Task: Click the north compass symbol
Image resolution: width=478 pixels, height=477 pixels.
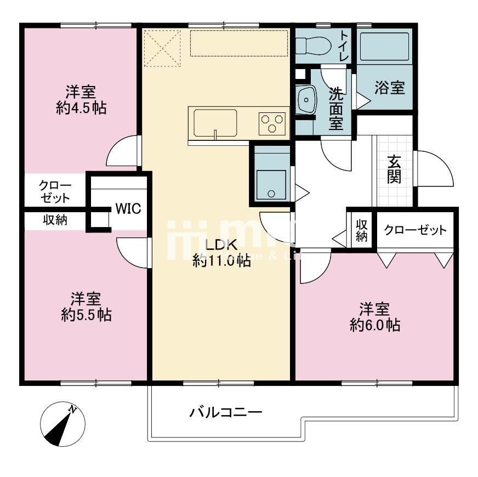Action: pyautogui.click(x=62, y=423)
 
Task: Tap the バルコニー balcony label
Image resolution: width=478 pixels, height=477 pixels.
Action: pyautogui.click(x=225, y=412)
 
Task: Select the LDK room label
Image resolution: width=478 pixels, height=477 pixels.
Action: pyautogui.click(x=221, y=245)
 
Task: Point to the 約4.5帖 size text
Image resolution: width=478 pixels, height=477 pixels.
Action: pyautogui.click(x=81, y=108)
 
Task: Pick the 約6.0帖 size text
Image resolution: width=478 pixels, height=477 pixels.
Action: pyautogui.click(x=374, y=325)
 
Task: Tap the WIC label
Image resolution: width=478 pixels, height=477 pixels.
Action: pyautogui.click(x=128, y=209)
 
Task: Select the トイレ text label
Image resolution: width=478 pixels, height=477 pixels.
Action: pyautogui.click(x=343, y=46)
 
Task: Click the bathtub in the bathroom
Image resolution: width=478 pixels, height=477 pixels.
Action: pyautogui.click(x=385, y=47)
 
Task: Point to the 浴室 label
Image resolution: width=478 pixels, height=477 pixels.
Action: pyautogui.click(x=390, y=88)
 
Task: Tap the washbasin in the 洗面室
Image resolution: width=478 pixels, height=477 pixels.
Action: pyautogui.click(x=305, y=100)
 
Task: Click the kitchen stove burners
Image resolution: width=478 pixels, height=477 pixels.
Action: pyautogui.click(x=272, y=122)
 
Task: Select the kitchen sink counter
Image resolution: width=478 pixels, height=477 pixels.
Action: pyautogui.click(x=214, y=123)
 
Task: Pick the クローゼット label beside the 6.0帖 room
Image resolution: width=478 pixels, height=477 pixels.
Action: pyautogui.click(x=415, y=230)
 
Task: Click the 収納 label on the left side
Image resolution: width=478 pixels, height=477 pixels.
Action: pyautogui.click(x=55, y=220)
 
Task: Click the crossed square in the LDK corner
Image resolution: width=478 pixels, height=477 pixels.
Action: pyautogui.click(x=162, y=48)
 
